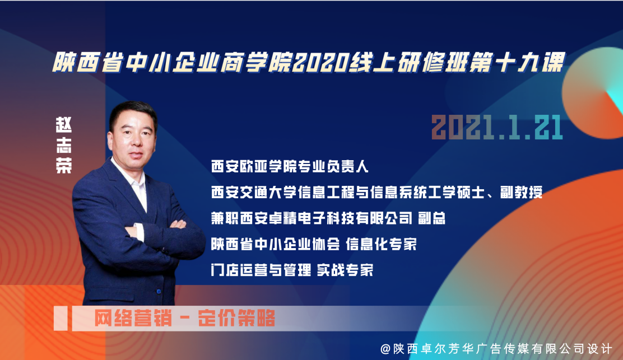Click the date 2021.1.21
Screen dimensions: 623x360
click(x=497, y=128)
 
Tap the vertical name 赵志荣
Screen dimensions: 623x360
click(x=63, y=145)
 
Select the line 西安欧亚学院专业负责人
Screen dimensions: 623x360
click(x=290, y=166)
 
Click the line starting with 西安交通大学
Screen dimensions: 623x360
click(x=376, y=193)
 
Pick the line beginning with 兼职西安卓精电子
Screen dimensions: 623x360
click(x=328, y=218)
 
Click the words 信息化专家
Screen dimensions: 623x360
click(x=381, y=244)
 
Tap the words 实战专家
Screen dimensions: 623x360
click(x=345, y=270)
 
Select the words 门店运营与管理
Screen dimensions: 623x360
click(x=261, y=270)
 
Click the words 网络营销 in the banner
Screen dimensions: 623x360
click(x=133, y=318)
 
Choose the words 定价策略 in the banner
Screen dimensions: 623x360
click(x=236, y=318)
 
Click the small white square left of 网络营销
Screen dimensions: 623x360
click(x=61, y=319)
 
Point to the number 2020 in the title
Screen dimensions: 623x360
click(x=320, y=63)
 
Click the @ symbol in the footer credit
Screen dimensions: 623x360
click(x=385, y=349)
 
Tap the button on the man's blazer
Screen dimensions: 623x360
click(x=159, y=292)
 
